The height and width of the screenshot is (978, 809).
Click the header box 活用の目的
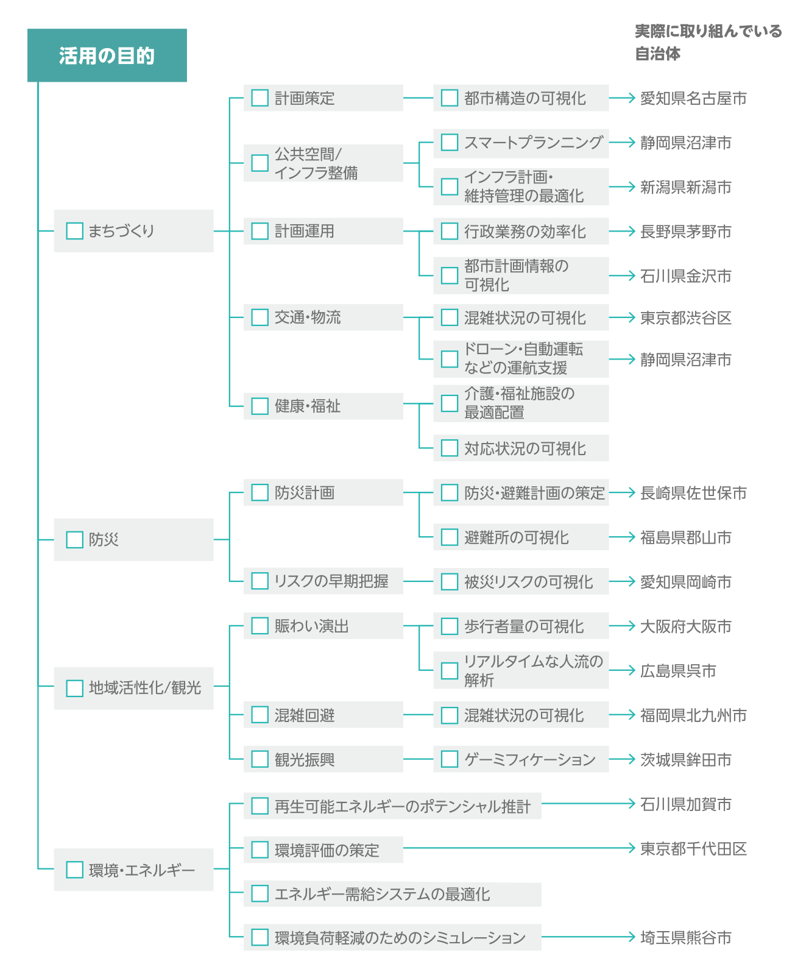pyautogui.click(x=107, y=55)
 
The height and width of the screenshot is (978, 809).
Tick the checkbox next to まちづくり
pyautogui.click(x=74, y=231)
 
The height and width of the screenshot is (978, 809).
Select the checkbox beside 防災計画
pyautogui.click(x=260, y=492)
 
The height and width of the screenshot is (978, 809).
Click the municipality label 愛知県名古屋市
pyautogui.click(x=693, y=98)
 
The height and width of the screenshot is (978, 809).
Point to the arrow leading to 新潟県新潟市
pyautogui.click(x=622, y=186)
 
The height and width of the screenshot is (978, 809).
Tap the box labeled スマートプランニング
pyautogui.click(x=521, y=142)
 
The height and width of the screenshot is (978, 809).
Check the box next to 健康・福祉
pyautogui.click(x=260, y=406)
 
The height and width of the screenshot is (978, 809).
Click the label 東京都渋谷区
pyautogui.click(x=685, y=317)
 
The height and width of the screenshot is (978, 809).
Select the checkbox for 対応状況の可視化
pyautogui.click(x=450, y=448)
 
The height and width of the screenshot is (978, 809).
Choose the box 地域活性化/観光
pyautogui.click(x=134, y=688)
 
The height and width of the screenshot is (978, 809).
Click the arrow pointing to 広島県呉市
pyautogui.click(x=622, y=670)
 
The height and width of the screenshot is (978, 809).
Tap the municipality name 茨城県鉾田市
pyautogui.click(x=685, y=760)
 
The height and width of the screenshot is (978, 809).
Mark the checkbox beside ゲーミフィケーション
pyautogui.click(x=450, y=759)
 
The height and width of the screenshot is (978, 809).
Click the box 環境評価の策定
pyautogui.click(x=323, y=849)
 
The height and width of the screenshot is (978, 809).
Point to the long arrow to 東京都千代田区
pyautogui.click(x=519, y=848)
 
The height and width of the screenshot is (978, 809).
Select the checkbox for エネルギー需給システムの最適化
pyautogui.click(x=260, y=893)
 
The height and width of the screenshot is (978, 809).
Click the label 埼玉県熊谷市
pyautogui.click(x=685, y=938)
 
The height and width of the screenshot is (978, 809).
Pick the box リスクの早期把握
pyautogui.click(x=323, y=581)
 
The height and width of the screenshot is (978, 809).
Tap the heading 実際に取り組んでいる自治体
pyautogui.click(x=708, y=42)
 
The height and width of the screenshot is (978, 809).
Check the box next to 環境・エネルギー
pyautogui.click(x=74, y=870)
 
